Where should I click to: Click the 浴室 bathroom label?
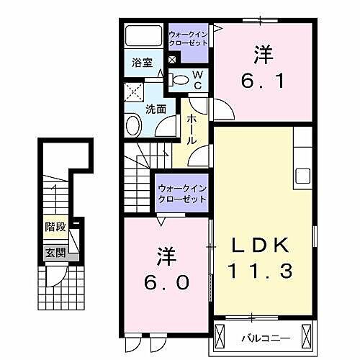pos(142,63)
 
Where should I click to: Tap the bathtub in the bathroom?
pos(144,37)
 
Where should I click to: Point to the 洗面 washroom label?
pos(156,109)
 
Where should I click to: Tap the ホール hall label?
pos(193,129)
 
